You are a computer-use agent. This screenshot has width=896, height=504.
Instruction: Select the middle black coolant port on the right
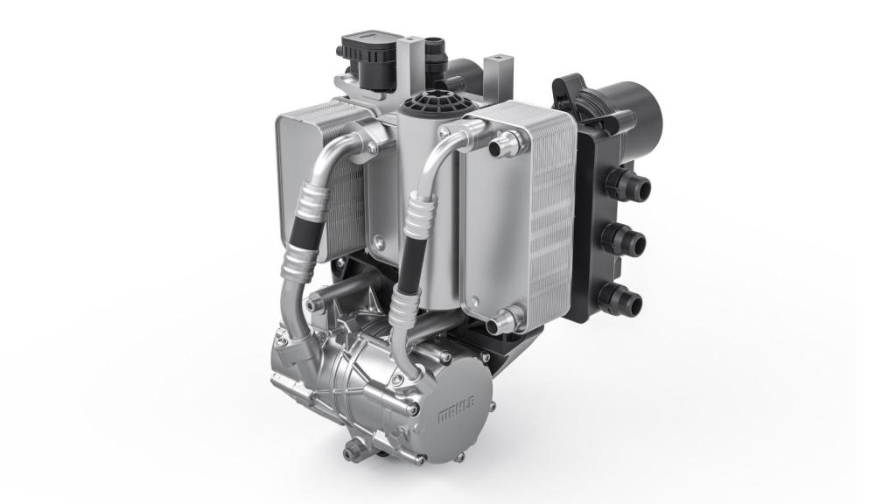click(625, 238)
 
